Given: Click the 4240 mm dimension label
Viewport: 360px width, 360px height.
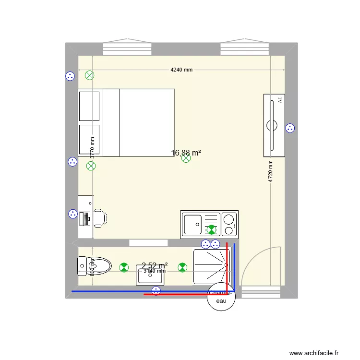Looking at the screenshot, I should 181,70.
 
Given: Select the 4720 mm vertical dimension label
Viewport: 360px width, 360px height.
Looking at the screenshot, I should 271,171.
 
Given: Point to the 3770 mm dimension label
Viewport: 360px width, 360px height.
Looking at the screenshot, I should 92,147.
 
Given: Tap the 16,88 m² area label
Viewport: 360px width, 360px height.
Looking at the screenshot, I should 186,153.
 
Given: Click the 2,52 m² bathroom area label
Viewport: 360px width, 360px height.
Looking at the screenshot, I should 155,265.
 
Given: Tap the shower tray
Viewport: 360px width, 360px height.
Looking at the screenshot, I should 211,267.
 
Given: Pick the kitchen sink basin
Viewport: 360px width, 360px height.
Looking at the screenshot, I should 193,223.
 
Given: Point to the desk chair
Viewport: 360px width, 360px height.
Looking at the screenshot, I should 100,217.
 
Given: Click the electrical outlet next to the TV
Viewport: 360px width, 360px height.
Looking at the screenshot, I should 290,128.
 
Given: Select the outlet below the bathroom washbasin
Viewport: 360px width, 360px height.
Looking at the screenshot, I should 156,290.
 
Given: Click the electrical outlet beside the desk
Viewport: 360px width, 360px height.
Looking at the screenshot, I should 72,214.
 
